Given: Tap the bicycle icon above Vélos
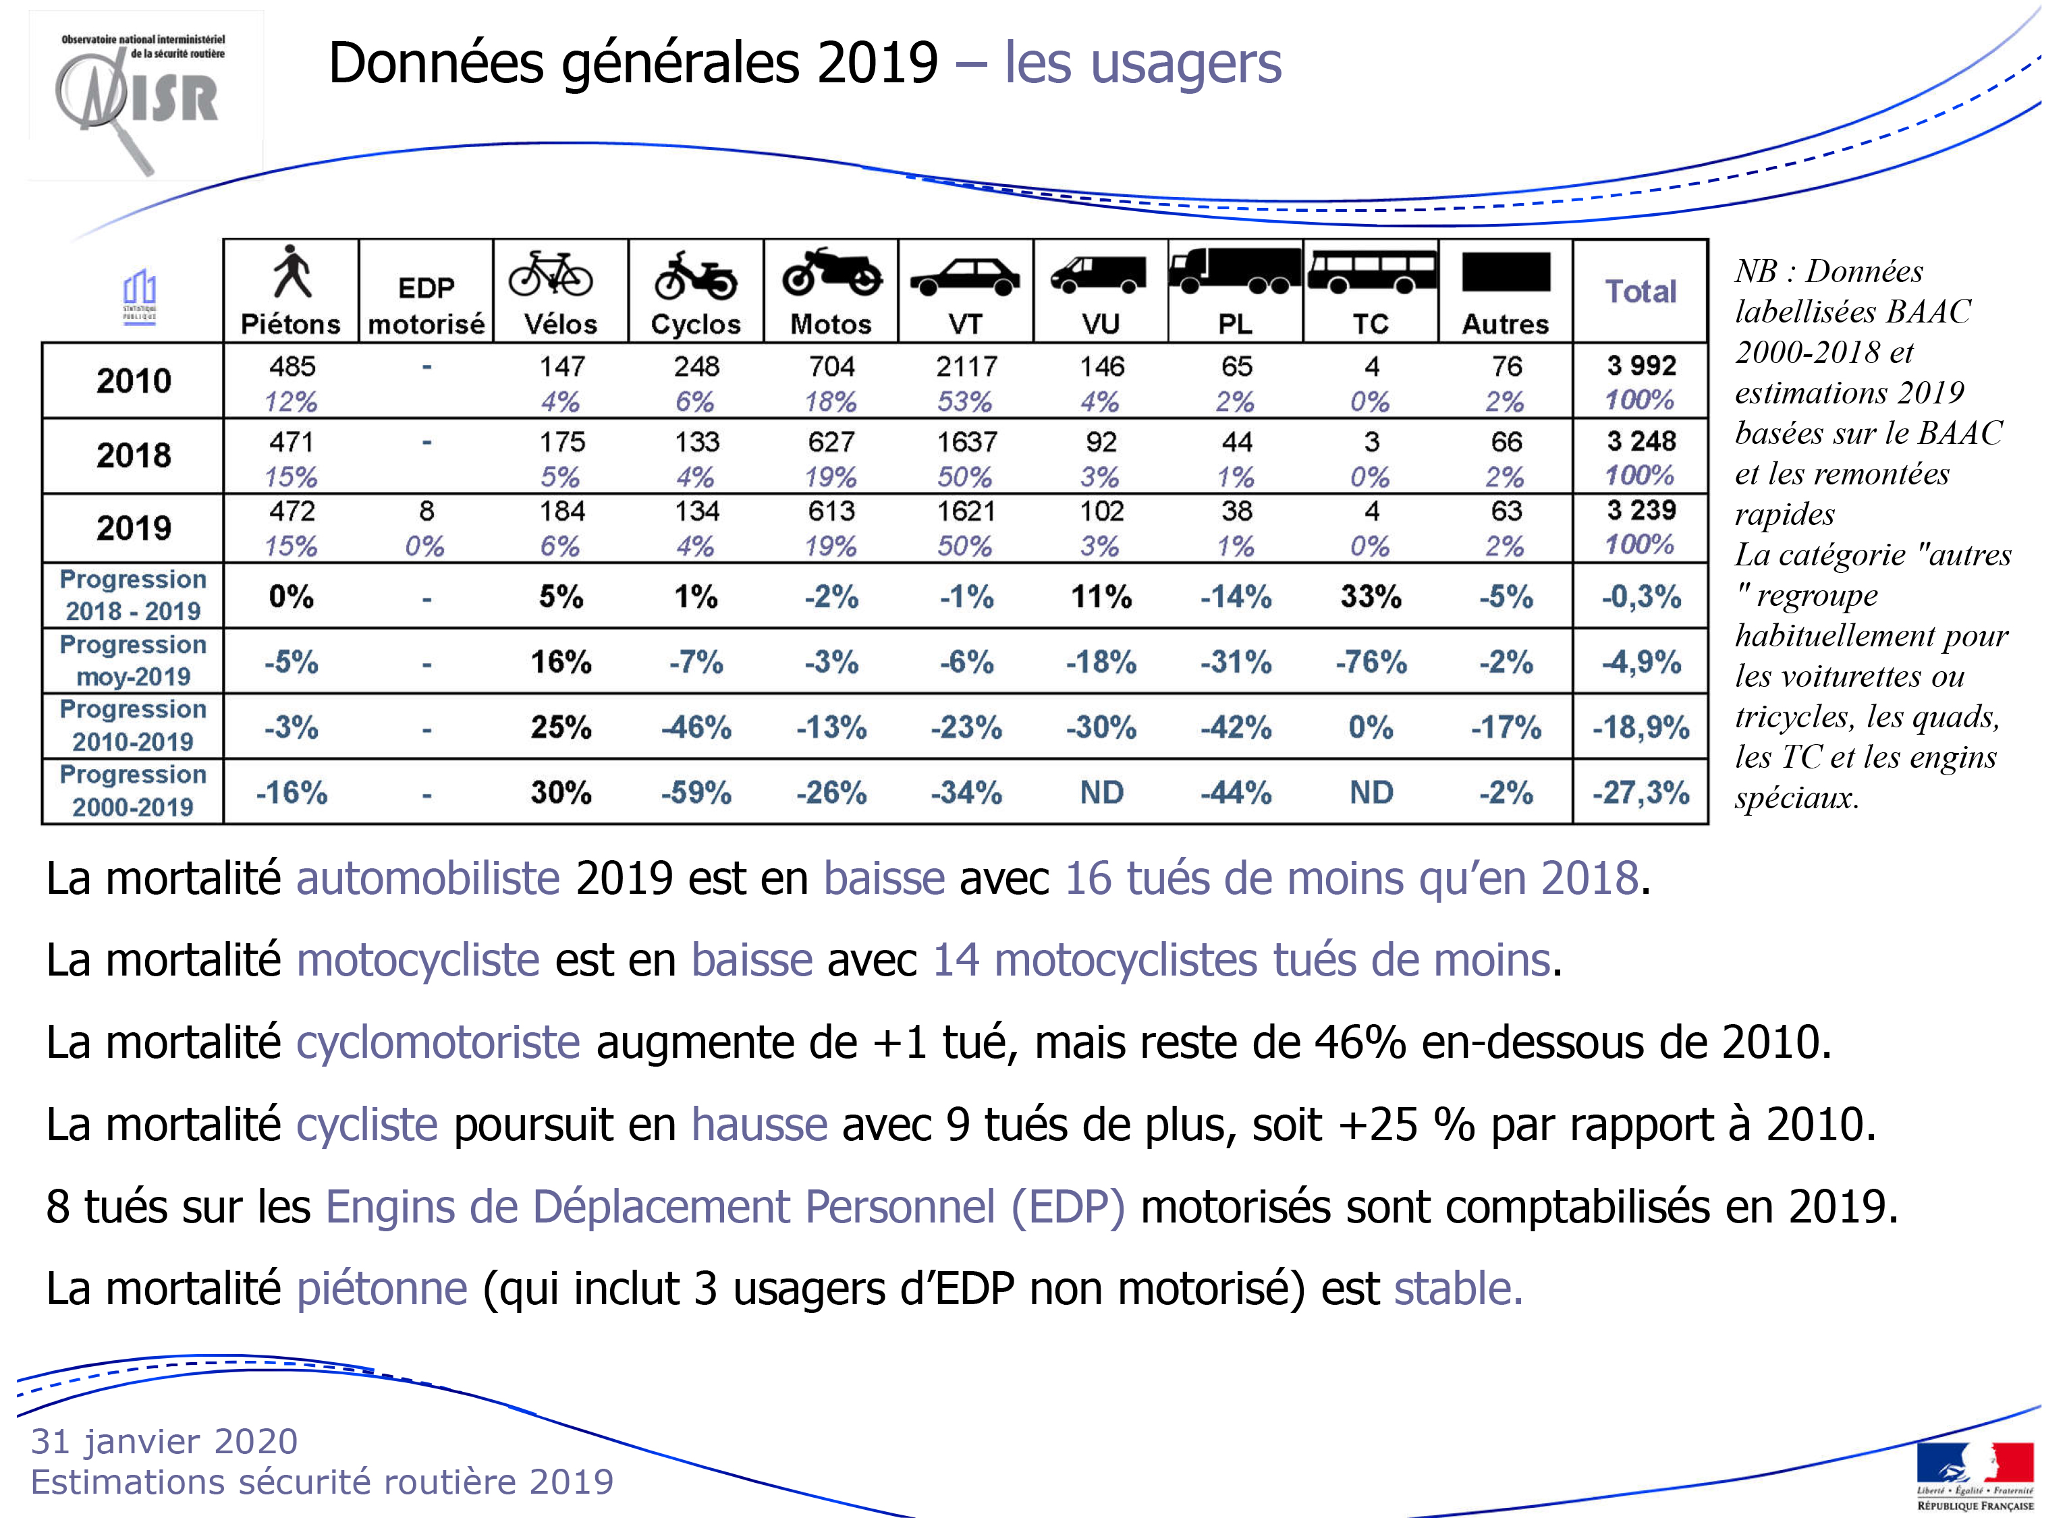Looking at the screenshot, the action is [551, 274].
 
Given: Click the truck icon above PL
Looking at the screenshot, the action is [1235, 270].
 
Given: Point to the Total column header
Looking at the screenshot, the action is [1641, 291].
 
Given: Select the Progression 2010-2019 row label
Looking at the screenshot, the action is [133, 726].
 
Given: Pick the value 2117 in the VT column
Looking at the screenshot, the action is [966, 366].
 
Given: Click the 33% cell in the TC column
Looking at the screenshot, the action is [1371, 596].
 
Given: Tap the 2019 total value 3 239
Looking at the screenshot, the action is [1641, 510].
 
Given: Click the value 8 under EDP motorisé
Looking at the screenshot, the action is [426, 511].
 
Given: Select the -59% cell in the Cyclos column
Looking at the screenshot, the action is [696, 792].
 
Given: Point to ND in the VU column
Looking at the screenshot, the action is [1101, 792].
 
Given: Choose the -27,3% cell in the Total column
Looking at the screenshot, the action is [1641, 792].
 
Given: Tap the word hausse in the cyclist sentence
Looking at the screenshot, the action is [759, 1124].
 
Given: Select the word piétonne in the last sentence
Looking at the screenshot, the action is [381, 1289].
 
